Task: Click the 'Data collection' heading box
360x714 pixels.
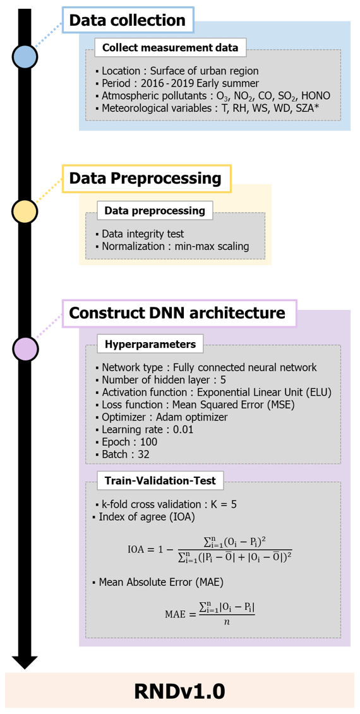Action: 128,20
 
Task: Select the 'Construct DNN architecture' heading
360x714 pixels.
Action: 179,313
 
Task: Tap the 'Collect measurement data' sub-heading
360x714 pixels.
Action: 171,47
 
